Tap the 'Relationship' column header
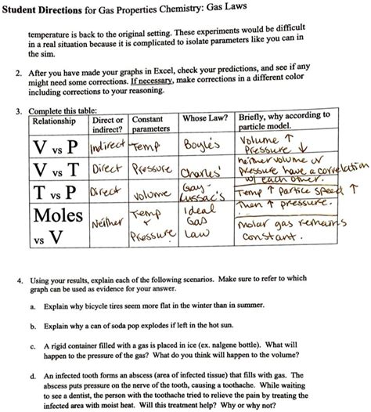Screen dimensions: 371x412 pos(52,121)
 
